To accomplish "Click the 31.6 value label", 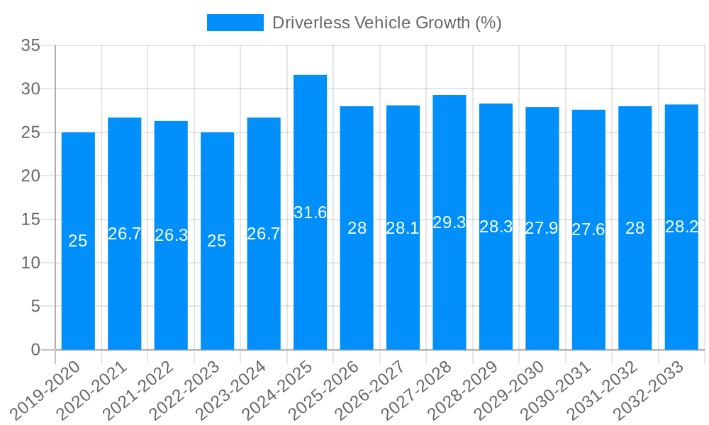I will pyautogui.click(x=310, y=212).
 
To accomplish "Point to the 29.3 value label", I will pyautogui.click(x=450, y=222).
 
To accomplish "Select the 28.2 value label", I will pyautogui.click(x=681, y=227).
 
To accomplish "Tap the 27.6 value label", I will pyautogui.click(x=588, y=229).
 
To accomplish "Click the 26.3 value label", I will pyautogui.click(x=171, y=235).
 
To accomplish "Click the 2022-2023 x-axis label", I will pyautogui.click(x=191, y=390).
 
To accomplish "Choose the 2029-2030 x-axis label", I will pyautogui.click(x=516, y=390).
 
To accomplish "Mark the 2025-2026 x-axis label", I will pyautogui.click(x=330, y=390).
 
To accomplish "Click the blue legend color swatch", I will pyautogui.click(x=235, y=23).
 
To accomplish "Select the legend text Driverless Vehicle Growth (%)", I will pyautogui.click(x=387, y=23).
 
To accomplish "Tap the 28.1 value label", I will pyautogui.click(x=403, y=228).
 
